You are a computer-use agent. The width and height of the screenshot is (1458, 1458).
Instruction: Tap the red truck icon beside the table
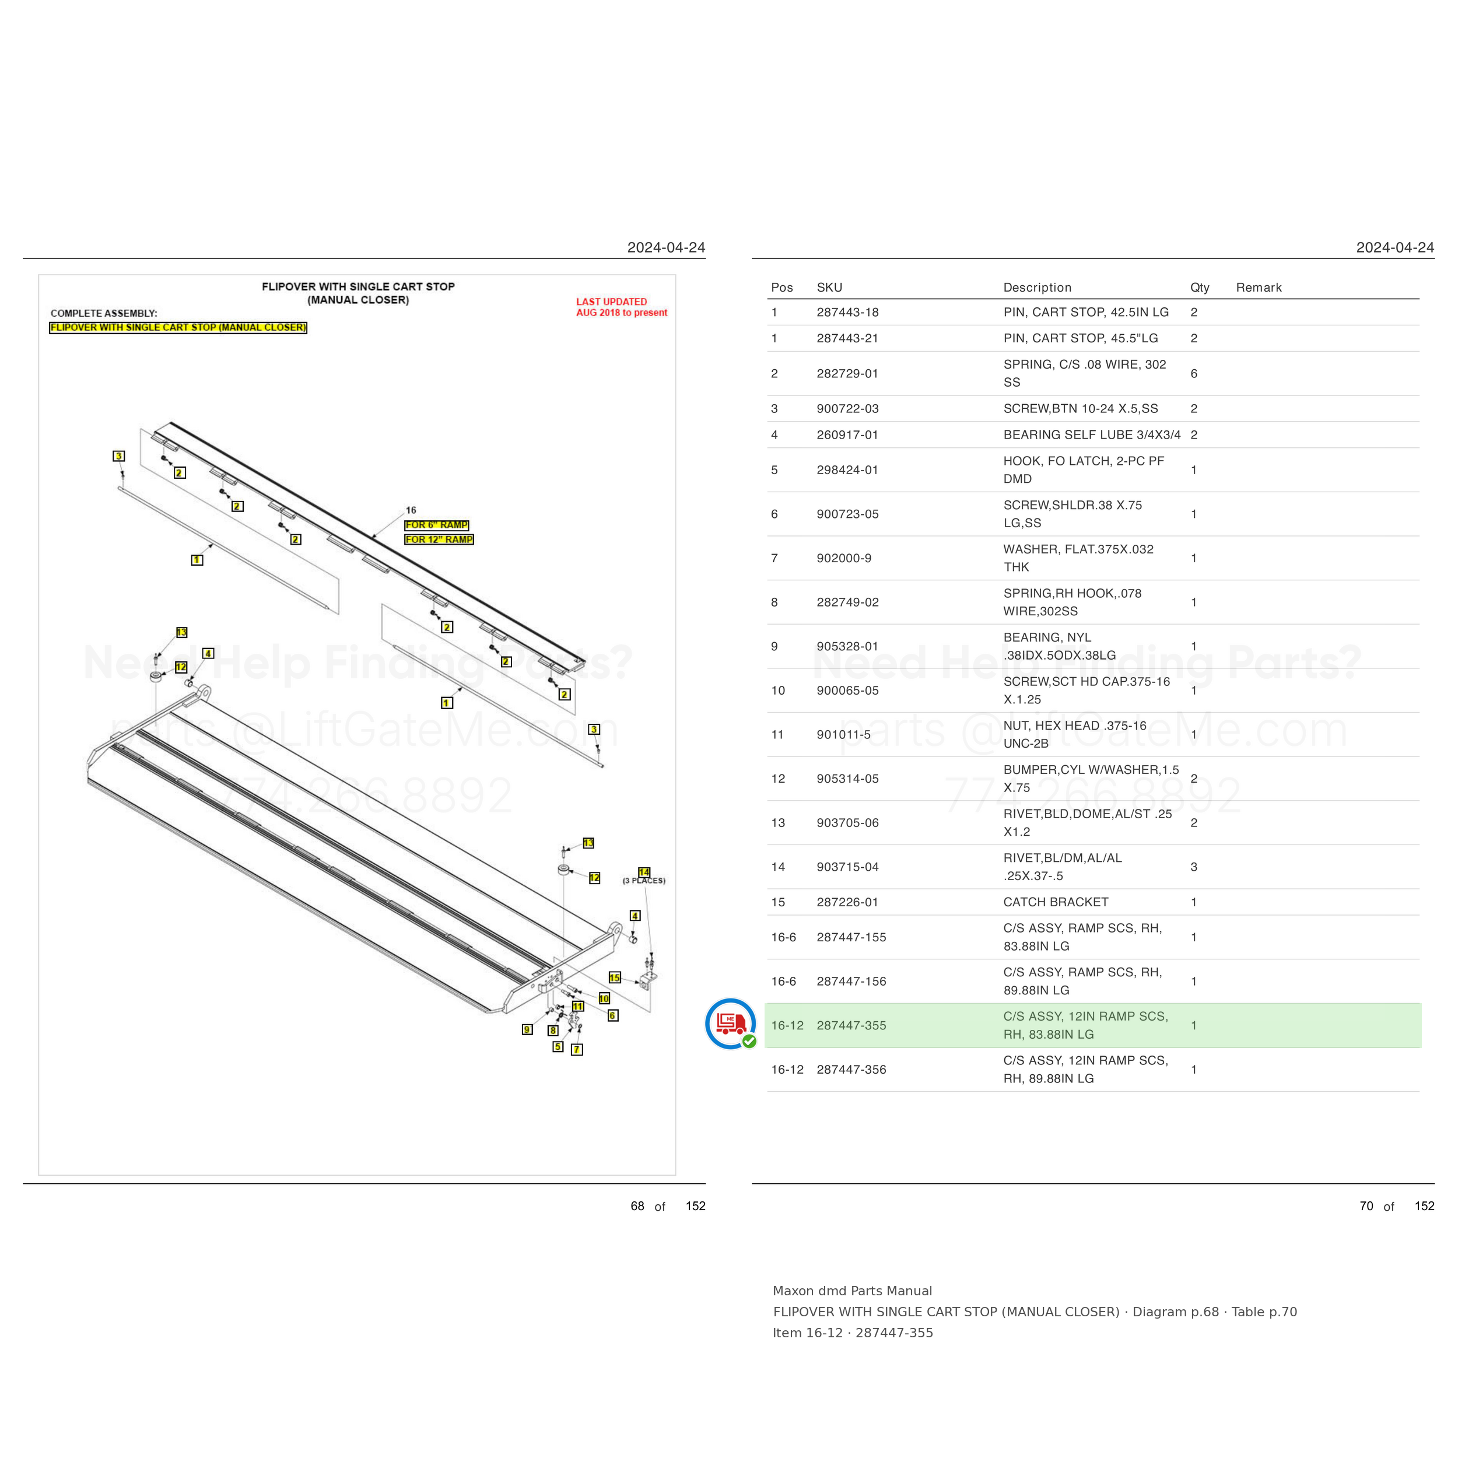[731, 1024]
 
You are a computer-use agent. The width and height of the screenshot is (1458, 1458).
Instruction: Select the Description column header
[1037, 288]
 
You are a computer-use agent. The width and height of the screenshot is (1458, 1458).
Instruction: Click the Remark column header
[1259, 288]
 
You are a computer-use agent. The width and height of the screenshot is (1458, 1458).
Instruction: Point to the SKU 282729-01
[847, 374]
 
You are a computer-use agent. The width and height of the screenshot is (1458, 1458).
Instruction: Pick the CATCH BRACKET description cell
[1056, 902]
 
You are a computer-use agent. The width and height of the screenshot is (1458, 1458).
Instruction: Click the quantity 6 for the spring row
[1194, 374]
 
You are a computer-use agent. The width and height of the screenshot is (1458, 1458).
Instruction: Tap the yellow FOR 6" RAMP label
[437, 525]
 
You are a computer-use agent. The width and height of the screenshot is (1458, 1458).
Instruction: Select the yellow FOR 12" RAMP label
[439, 539]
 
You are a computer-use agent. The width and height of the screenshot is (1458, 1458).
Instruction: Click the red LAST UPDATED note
[622, 307]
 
